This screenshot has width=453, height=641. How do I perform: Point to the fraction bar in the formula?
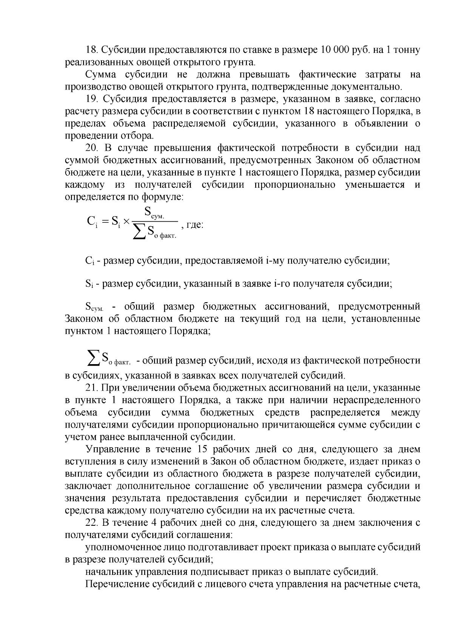tap(156, 221)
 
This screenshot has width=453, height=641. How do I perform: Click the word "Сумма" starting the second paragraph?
tap(100, 74)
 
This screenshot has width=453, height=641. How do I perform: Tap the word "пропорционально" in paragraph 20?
tap(295, 185)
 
